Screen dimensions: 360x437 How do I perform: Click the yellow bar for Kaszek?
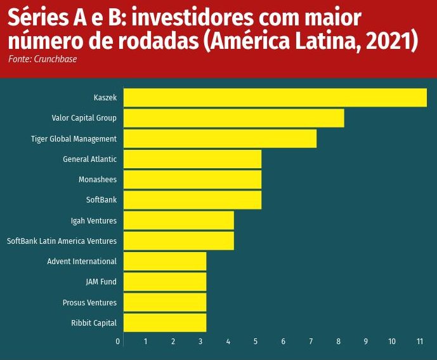(275, 98)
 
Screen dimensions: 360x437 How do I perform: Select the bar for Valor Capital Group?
(233, 118)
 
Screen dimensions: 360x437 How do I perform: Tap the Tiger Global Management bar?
(219, 138)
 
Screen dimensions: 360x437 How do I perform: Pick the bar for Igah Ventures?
(178, 220)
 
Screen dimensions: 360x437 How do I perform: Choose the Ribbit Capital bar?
(164, 323)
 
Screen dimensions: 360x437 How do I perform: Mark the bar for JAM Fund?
(164, 281)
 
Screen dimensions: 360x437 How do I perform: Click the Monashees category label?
(98, 180)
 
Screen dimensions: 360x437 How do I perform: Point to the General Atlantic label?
(89, 159)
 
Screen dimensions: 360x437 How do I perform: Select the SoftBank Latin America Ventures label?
(62, 241)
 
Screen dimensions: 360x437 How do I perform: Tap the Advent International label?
(82, 261)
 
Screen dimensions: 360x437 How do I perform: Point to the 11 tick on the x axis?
(420, 342)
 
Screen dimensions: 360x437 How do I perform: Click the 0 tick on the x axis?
(118, 342)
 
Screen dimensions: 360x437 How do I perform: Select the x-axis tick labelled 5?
(256, 342)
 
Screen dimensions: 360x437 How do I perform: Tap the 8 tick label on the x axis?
(338, 342)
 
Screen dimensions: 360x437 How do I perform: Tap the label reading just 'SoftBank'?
(101, 200)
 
